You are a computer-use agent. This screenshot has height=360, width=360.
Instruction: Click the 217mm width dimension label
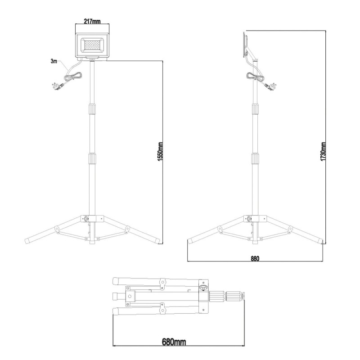pos(92,21)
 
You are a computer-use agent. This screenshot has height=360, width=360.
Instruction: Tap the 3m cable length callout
pos(54,61)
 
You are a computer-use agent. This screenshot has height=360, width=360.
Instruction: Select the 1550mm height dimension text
pos(161,152)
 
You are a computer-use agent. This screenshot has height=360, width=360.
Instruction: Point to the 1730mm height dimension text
pos(324,152)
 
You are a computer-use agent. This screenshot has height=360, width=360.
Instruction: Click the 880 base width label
pos(255,258)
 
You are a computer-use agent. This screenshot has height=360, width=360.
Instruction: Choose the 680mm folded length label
pos(174,342)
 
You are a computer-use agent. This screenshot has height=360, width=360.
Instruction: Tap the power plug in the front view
pos(58,86)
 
